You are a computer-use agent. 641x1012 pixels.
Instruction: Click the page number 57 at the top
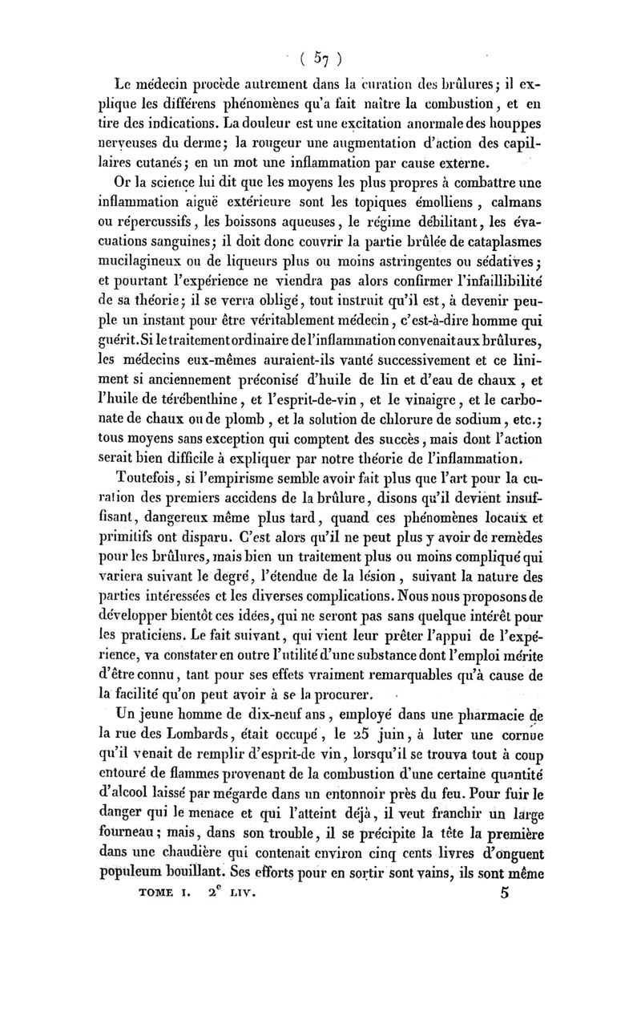click(x=320, y=58)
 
